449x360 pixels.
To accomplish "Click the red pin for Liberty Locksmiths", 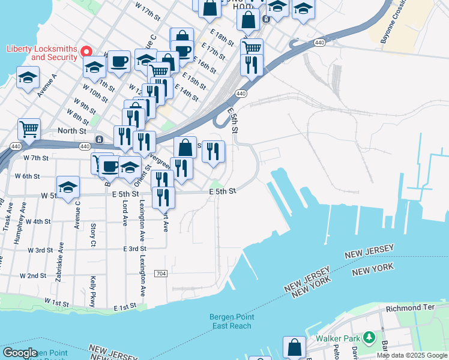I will [86, 52].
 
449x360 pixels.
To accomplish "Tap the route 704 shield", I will [160, 273].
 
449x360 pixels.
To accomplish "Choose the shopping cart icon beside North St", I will [29, 128].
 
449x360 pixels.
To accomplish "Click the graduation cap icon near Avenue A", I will [28, 77].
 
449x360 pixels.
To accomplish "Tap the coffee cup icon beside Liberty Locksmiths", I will [119, 61].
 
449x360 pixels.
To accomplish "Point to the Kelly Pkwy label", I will [93, 291].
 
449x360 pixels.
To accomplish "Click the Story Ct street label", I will [93, 235].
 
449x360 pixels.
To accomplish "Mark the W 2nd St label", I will [33, 276].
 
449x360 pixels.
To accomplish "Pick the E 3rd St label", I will [135, 248].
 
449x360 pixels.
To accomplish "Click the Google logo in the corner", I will [20, 352].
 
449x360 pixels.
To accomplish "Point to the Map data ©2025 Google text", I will [412, 355].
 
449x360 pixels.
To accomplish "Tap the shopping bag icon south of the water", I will [294, 347].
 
